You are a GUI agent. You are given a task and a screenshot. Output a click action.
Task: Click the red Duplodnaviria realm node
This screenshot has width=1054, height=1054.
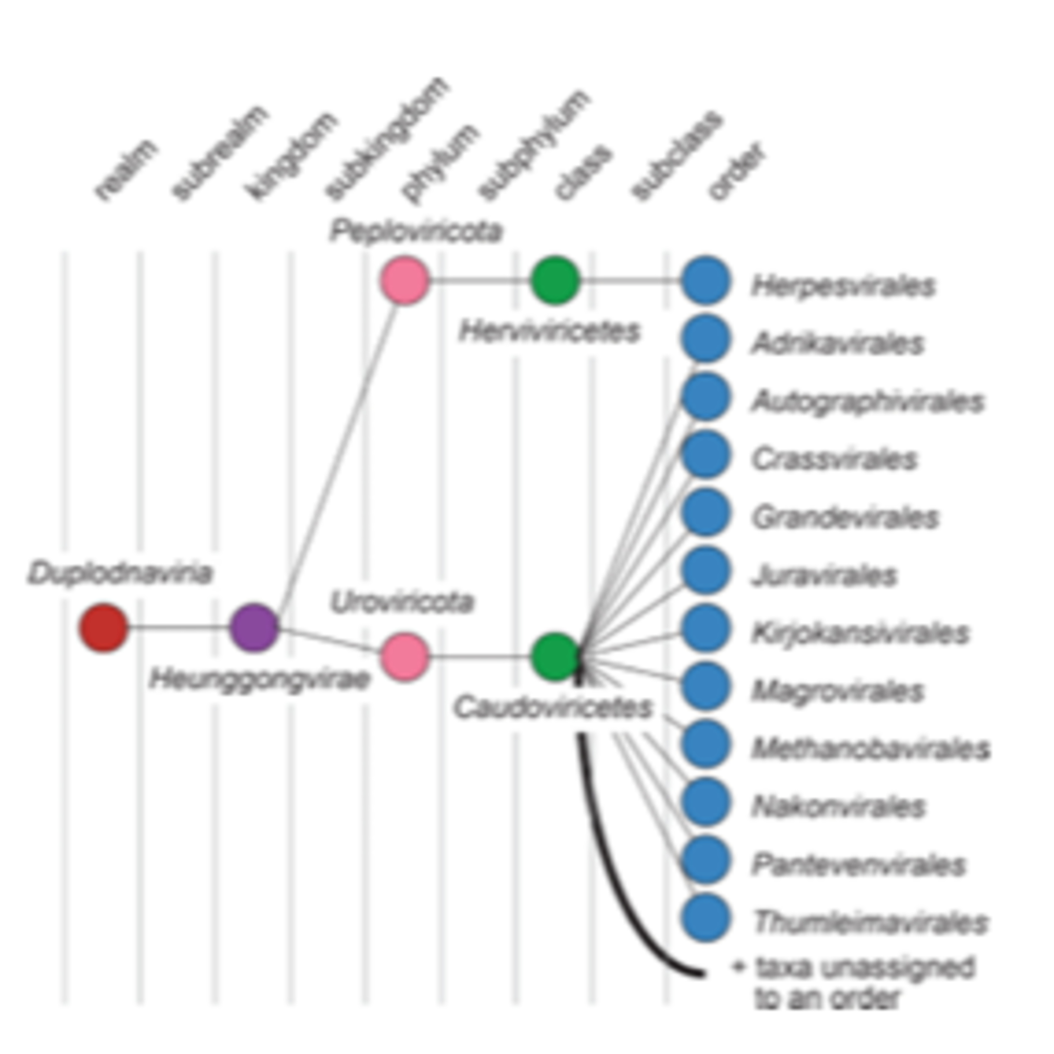point(104,627)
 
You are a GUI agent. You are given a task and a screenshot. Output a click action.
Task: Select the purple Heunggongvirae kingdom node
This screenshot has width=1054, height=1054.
point(254,627)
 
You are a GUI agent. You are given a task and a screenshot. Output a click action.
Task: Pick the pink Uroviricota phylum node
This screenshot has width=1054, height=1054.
point(405,657)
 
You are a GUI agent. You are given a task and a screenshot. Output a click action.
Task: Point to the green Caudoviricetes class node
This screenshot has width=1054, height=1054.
point(555,657)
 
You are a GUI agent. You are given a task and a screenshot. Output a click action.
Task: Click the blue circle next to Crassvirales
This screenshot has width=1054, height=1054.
point(705,454)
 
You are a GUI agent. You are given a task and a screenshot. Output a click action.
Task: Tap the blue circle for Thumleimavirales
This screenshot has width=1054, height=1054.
point(705,918)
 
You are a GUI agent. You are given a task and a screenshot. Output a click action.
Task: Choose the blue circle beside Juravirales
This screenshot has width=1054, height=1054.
point(705,570)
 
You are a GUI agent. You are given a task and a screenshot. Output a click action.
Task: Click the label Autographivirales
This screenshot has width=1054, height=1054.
point(867,402)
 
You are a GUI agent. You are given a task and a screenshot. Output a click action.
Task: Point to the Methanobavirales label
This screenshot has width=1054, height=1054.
point(871,749)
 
